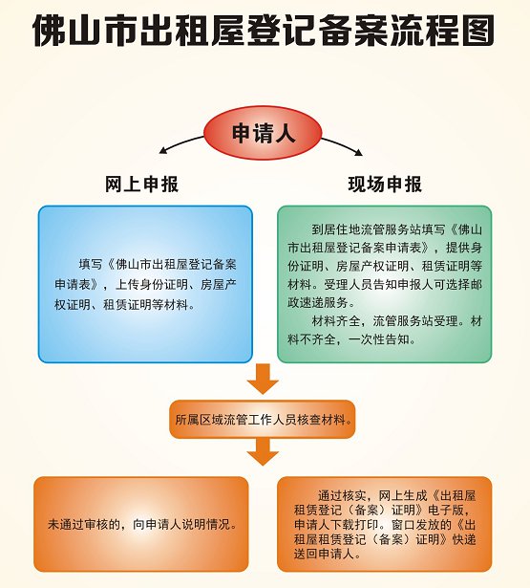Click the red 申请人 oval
(x=263, y=133)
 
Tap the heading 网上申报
(x=141, y=185)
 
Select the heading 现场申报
(x=385, y=185)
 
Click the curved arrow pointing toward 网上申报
(x=181, y=143)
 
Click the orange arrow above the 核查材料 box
(x=263, y=379)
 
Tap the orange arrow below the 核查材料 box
(x=263, y=451)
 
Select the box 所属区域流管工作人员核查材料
(x=263, y=420)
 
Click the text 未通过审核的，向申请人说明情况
(x=142, y=524)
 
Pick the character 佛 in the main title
(x=50, y=31)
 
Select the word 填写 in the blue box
(x=91, y=265)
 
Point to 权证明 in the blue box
(x=73, y=304)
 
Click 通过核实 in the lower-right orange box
(x=342, y=496)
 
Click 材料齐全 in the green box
(x=336, y=321)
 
